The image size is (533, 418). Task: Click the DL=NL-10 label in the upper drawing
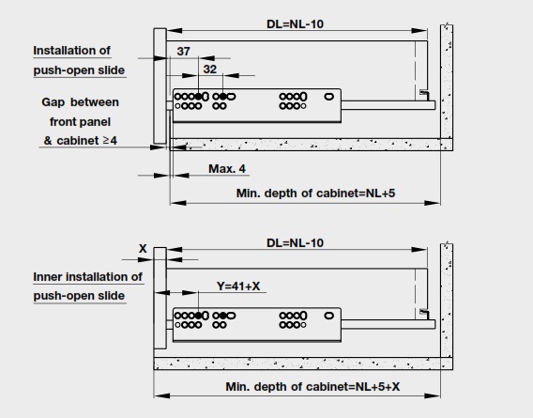(295, 24)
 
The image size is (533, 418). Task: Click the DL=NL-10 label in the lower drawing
(295, 243)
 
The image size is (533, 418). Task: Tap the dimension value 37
(183, 52)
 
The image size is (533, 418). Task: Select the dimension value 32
(210, 70)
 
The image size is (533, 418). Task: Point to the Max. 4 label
(227, 169)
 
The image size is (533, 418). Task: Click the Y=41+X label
(238, 286)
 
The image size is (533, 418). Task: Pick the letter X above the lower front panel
(143, 249)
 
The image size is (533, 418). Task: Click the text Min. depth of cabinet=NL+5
(315, 194)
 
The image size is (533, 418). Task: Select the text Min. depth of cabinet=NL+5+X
(312, 387)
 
